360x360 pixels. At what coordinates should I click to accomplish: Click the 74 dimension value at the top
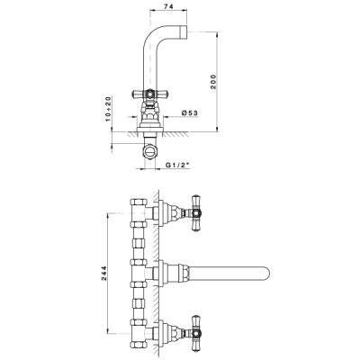pos(168,7)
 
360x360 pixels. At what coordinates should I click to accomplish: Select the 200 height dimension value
pos(213,81)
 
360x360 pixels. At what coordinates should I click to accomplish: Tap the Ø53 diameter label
pos(190,112)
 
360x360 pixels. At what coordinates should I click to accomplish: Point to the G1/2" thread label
pos(178,165)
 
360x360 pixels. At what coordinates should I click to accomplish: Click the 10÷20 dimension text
pos(108,109)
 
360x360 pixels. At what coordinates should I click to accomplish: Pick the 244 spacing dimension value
pos(103,273)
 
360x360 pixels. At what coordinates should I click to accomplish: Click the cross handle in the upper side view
pos(150,94)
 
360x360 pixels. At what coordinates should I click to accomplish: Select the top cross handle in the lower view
pos(196,213)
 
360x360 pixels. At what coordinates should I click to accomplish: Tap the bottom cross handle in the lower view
pos(196,333)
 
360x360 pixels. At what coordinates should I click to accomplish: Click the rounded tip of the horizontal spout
pos(267,273)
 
